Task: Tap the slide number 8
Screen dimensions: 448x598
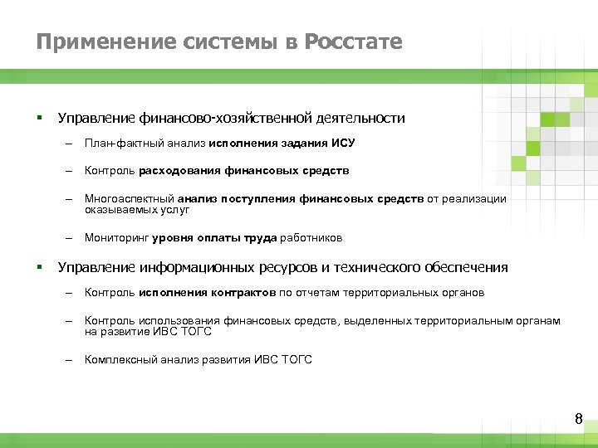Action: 579,419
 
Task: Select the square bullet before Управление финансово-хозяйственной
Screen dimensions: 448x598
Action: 39,117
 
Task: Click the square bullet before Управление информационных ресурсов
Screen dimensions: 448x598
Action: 39,266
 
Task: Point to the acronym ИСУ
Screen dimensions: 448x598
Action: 343,144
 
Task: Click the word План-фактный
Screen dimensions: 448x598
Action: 117,144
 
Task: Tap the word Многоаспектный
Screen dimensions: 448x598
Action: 121,199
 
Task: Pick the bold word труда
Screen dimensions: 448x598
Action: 260,238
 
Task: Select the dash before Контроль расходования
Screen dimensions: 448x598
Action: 70,171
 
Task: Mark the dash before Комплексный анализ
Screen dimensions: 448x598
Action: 70,360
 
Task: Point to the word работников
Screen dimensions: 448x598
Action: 311,238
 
